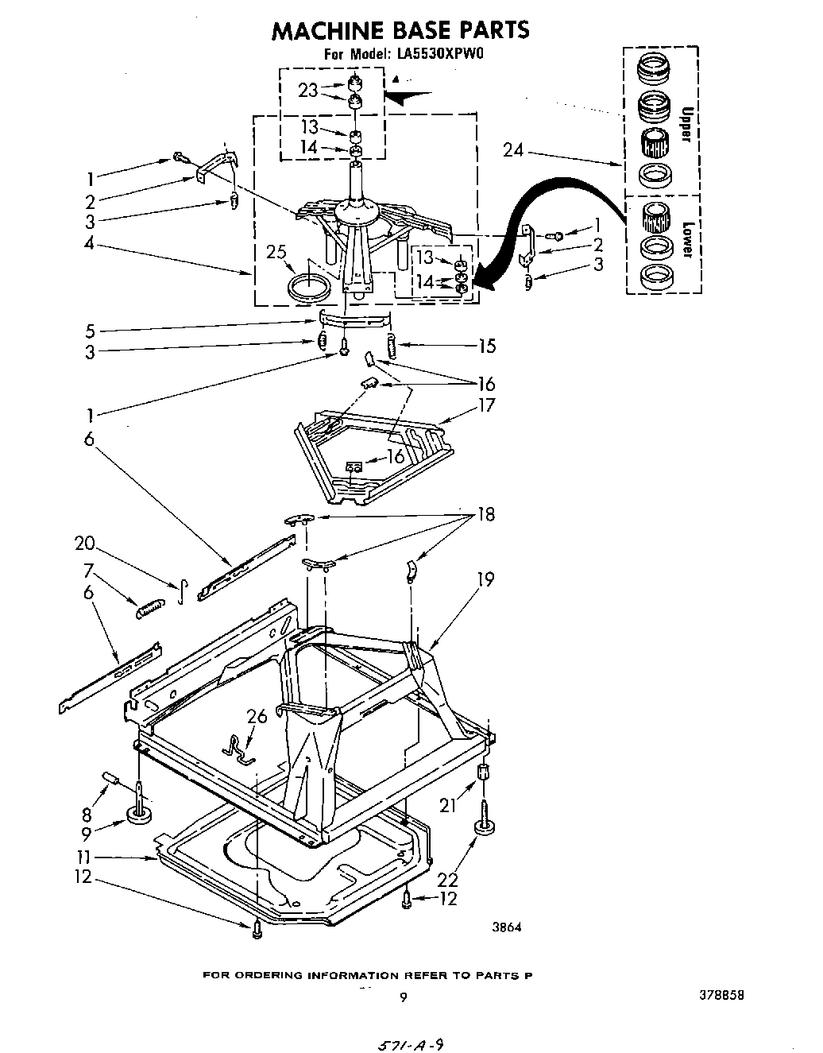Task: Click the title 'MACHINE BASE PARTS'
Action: [x=400, y=30]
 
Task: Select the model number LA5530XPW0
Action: [x=437, y=55]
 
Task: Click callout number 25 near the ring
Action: [x=276, y=254]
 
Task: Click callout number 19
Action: [x=485, y=579]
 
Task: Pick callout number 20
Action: [x=84, y=544]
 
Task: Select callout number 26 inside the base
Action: [x=257, y=717]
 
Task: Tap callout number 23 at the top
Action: [x=308, y=91]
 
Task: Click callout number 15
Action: [x=486, y=346]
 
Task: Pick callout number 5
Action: [x=90, y=330]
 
